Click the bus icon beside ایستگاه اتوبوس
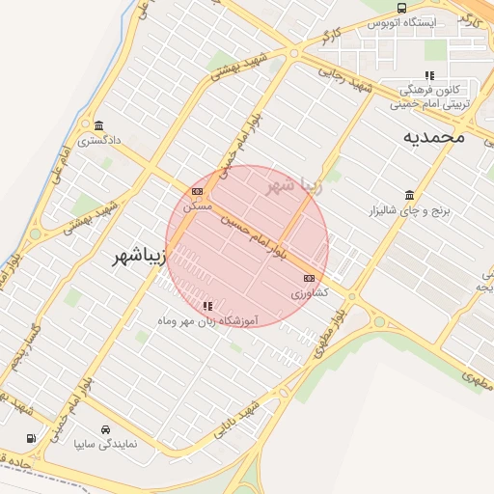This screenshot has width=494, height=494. (x=401, y=8)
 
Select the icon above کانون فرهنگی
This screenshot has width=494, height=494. (x=430, y=75)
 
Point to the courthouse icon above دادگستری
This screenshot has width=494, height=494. (x=100, y=125)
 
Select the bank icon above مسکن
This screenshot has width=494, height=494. (x=197, y=191)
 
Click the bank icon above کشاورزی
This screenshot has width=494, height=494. (x=309, y=278)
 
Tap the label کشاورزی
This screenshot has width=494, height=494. (x=310, y=291)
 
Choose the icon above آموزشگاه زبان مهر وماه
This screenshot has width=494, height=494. (x=207, y=306)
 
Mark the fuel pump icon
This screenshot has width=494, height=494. (x=32, y=438)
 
